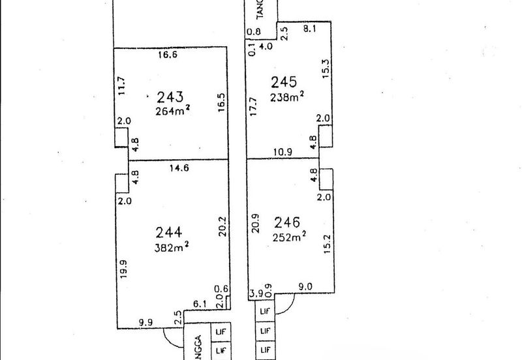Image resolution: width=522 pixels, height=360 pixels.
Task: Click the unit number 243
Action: click(169, 98)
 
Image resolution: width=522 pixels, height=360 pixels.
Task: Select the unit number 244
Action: click(170, 232)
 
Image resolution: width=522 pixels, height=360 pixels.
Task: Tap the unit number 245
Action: click(284, 83)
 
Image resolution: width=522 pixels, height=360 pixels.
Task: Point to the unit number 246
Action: click(288, 222)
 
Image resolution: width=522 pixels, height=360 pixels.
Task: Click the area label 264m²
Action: click(173, 111)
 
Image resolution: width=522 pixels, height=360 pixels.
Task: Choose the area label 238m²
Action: click(288, 98)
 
